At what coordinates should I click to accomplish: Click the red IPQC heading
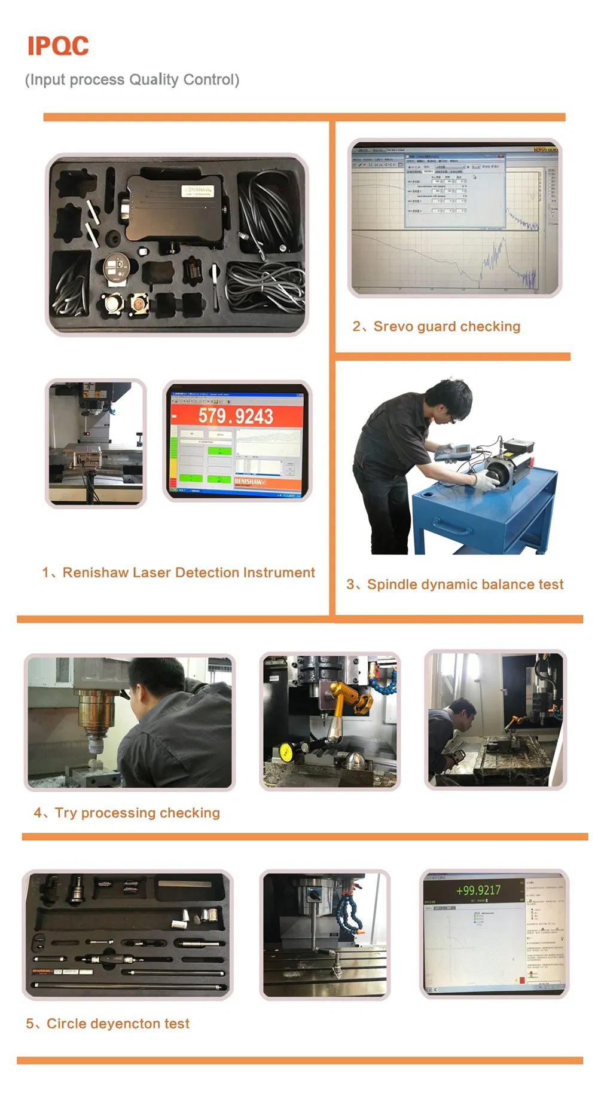(x=58, y=46)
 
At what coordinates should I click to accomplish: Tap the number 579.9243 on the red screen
(x=236, y=416)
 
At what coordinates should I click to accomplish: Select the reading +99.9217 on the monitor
(x=478, y=890)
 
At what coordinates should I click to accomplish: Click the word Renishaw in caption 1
(x=96, y=572)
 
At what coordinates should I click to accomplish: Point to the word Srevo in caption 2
(x=393, y=326)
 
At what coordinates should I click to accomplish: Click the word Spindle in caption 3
(x=392, y=584)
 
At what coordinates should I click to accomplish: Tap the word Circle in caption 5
(x=66, y=1024)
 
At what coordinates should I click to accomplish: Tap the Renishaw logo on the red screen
(x=250, y=481)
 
